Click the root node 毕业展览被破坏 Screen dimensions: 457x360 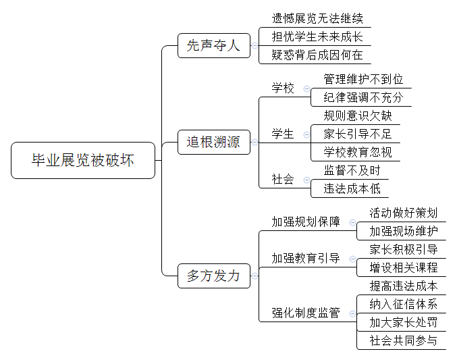coord(83,160)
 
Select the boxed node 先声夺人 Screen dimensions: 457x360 coord(214,45)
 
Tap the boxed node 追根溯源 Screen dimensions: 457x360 coord(214,142)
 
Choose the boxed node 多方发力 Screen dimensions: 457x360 coord(214,276)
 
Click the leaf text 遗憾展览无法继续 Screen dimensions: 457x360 coord(317,18)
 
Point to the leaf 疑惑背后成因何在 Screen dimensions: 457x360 coord(317,55)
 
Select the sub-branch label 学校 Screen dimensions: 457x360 coord(283,88)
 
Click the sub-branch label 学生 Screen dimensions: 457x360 coord(283,134)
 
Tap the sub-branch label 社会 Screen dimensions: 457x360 coord(283,179)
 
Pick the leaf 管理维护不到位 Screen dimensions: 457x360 coord(363,79)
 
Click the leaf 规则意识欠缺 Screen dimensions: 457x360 coord(358,115)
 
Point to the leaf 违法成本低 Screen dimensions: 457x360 coord(352,188)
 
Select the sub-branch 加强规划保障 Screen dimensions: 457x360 coord(306,222)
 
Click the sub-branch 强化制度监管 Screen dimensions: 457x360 coord(306,313)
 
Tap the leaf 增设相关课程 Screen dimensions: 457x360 coord(404,267)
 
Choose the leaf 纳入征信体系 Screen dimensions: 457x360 coord(404,304)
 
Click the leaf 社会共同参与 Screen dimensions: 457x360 coord(404,340)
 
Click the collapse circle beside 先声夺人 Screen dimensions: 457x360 coord(254,45)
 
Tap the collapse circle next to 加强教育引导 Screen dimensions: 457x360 coord(352,259)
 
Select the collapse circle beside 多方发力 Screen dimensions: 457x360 coord(254,276)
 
